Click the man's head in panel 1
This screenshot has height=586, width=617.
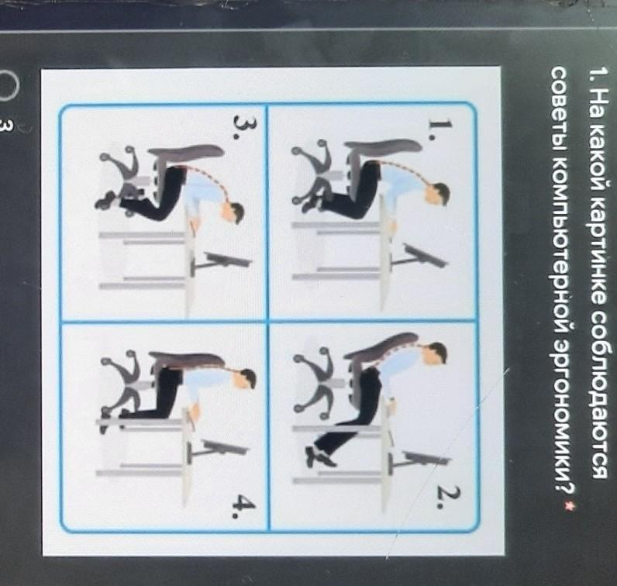pos(438,195)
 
